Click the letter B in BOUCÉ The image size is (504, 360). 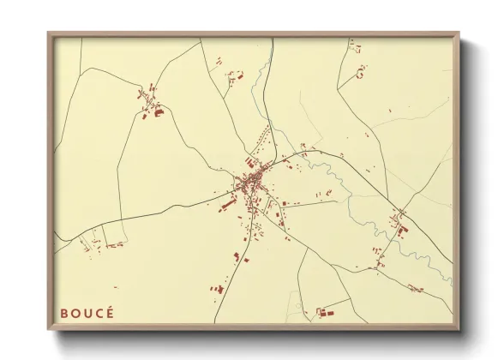coord(64,313)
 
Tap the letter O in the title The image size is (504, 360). coord(75,313)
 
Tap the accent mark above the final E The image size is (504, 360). coord(110,306)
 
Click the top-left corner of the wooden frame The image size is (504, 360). coord(49,33)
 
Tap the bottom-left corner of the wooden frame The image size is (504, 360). coord(49,329)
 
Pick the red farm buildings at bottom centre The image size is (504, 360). coord(324,313)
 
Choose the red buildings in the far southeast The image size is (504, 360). coord(415,288)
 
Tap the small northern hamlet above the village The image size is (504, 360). coord(233,76)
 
